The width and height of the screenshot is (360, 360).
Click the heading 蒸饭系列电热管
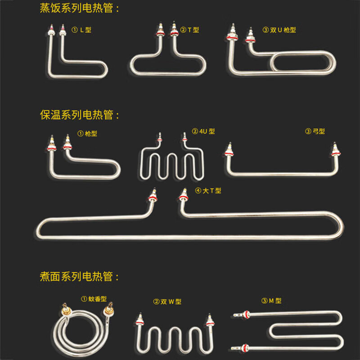tap(76, 8)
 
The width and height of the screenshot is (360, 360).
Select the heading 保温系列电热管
tap(76, 115)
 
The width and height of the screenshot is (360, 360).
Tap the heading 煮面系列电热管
tap(76, 276)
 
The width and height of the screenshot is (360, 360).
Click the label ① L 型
tap(81, 30)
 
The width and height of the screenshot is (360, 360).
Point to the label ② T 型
tap(189, 30)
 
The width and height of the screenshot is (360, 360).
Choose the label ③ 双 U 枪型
tap(279, 30)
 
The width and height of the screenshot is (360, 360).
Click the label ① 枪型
tap(87, 133)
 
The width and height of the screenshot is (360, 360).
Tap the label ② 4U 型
tap(203, 131)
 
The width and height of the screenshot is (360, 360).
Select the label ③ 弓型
tap(315, 131)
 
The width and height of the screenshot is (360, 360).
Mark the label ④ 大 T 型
tap(208, 190)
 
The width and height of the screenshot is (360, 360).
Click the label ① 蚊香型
tap(94, 299)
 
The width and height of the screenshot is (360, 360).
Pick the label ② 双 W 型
tap(167, 301)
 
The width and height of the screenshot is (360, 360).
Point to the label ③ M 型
tap(271, 301)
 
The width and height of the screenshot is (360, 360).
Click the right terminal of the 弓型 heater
tap(335, 150)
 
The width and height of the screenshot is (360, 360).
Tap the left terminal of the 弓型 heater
tap(229, 150)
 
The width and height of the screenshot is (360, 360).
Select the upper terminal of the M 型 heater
tap(242, 315)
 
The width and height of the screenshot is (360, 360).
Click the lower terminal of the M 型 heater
tap(240, 348)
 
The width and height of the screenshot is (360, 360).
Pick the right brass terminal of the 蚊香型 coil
tap(108, 310)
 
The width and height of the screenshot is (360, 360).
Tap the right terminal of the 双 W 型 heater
tap(210, 320)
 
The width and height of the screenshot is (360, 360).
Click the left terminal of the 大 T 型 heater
tap(153, 195)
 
